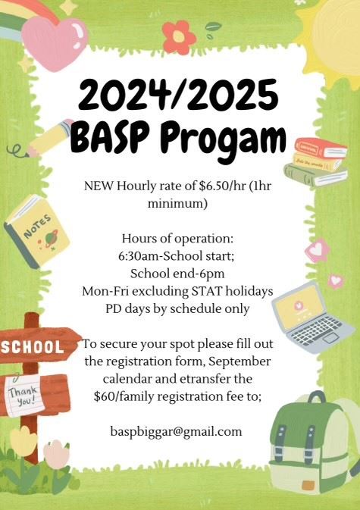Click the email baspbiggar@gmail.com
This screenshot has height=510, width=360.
176,432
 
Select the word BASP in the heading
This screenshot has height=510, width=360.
104,138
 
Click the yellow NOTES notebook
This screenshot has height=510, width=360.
37,232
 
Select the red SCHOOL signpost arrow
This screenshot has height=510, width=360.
38,346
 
